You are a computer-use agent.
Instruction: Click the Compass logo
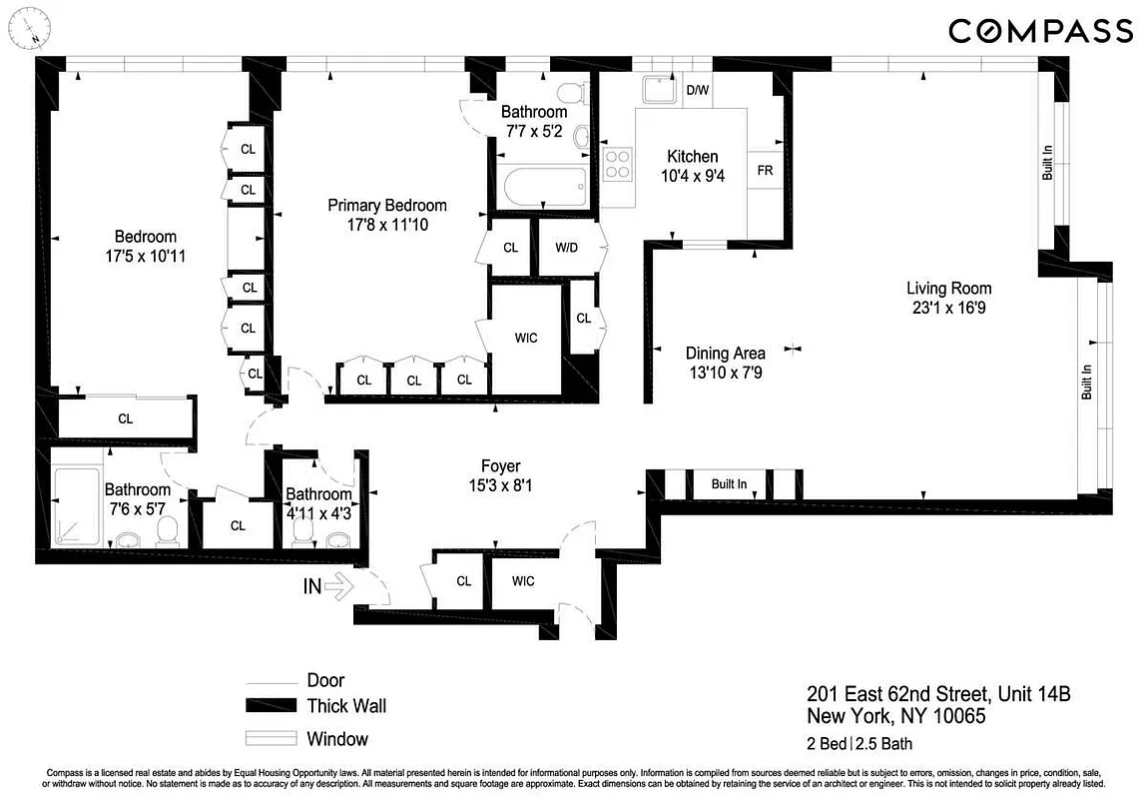(1039, 31)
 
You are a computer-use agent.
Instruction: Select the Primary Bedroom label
(387, 206)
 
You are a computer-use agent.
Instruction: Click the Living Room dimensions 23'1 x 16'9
(948, 308)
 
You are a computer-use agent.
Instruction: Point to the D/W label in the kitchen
(698, 91)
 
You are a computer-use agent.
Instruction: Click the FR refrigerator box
(766, 171)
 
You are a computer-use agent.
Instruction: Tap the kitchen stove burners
(618, 163)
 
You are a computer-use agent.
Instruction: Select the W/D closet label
(566, 247)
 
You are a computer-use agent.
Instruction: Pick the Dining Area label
(726, 353)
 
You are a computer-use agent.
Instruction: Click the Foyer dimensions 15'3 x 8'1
(500, 486)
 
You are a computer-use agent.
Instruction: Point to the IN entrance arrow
(328, 586)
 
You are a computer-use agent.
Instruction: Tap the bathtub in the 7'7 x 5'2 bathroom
(540, 187)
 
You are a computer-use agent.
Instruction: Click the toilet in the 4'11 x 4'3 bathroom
(301, 535)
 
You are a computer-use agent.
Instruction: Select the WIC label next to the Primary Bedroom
(525, 338)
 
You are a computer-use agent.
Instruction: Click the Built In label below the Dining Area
(729, 484)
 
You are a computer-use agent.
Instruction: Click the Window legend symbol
(272, 740)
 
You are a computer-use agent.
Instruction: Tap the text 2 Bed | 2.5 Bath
(859, 743)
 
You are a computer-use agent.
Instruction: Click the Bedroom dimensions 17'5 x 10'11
(145, 256)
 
